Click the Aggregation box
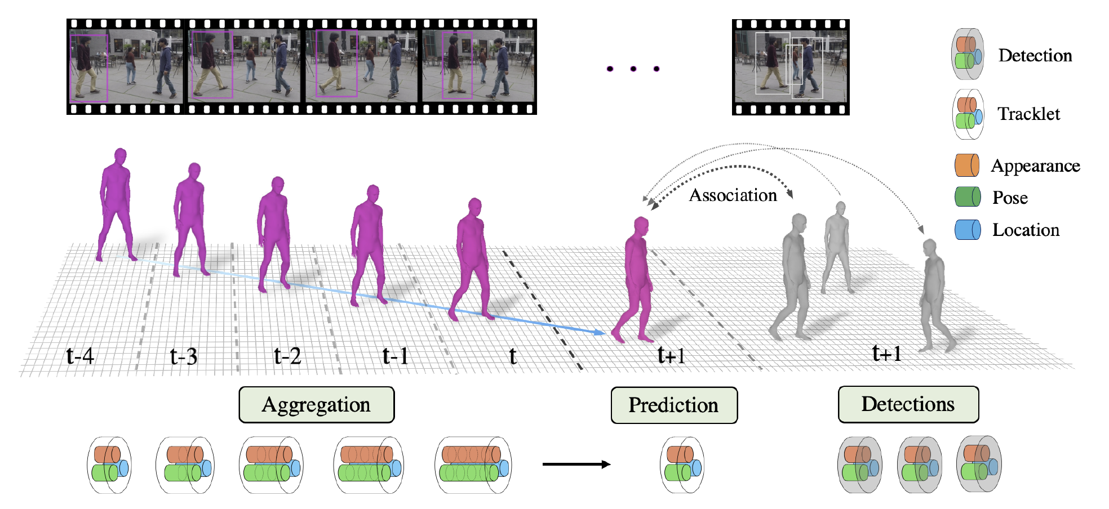(316, 405)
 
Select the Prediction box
(674, 405)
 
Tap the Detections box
(908, 404)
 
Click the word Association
(733, 195)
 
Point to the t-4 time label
(80, 356)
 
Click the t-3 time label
(184, 356)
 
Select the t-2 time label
(287, 356)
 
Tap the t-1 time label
(395, 356)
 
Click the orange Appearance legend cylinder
(966, 166)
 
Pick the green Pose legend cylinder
(967, 197)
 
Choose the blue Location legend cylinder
(967, 230)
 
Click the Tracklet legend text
(1028, 114)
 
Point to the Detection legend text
(1035, 56)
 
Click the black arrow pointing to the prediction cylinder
(576, 465)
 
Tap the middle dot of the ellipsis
(633, 69)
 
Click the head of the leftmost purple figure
(120, 156)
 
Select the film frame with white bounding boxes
(791, 67)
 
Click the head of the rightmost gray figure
(929, 247)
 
